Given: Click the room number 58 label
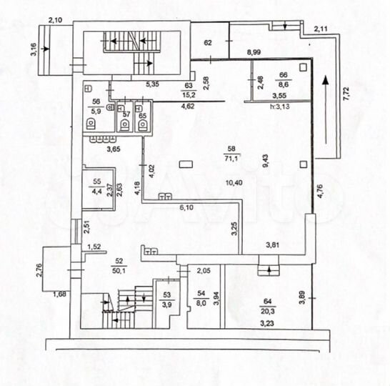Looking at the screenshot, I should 231,149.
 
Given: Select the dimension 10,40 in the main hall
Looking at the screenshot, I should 232,183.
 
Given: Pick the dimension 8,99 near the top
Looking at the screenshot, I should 254,53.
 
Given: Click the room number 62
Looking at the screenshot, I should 209,43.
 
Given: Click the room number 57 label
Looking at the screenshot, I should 126,114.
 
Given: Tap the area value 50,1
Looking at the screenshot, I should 119,270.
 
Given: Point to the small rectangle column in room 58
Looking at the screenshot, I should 186,164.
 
